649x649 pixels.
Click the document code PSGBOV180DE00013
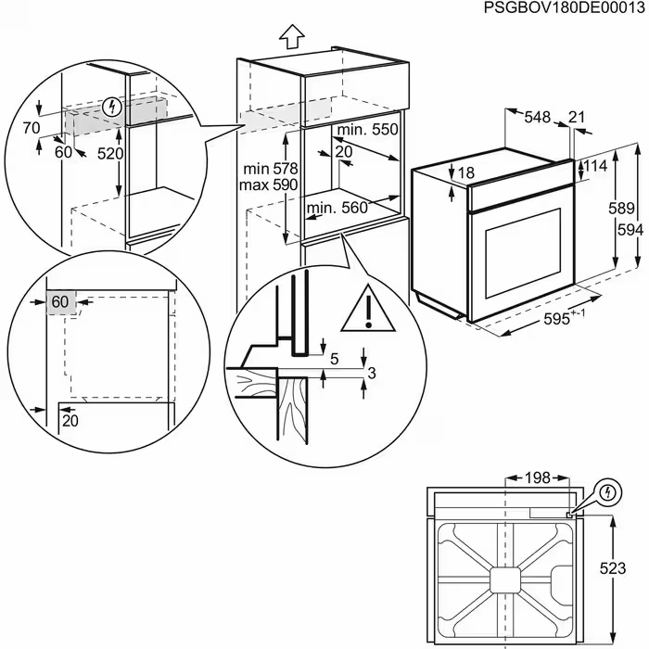564,8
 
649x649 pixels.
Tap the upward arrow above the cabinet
292,36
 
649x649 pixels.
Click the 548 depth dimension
537,117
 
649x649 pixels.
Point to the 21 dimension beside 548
578,117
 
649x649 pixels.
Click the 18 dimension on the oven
465,172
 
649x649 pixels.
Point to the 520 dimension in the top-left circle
110,153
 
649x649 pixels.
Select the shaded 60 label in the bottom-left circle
60,302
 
